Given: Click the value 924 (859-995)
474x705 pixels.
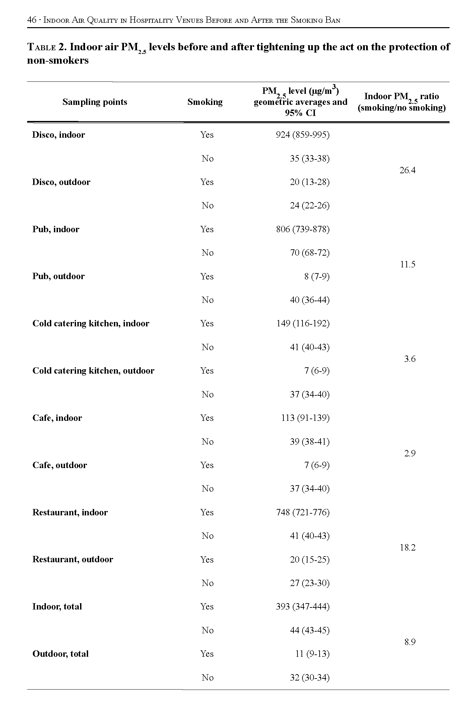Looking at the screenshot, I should tap(302, 135).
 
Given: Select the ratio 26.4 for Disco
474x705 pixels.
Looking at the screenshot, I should tap(407, 171).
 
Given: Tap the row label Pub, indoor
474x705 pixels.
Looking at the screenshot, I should tap(56, 230).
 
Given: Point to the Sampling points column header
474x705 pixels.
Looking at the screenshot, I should tap(95, 102).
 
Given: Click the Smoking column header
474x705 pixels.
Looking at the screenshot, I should tap(205, 102).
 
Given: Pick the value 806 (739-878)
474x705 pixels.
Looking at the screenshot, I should tap(302, 230).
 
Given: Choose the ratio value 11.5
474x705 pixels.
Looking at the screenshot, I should tap(407, 265).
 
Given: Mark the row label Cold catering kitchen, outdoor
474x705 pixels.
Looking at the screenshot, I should tap(93, 371).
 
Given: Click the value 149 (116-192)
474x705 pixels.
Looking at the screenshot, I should tap(302, 324).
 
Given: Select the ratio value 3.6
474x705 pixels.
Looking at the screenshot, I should tap(409, 359).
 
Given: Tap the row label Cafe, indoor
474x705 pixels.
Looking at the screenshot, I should tap(57, 418).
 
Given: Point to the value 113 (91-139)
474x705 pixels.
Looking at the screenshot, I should tap(305, 418).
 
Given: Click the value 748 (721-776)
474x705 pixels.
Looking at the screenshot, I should tap(302, 513).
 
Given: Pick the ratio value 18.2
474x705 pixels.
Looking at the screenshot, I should tap(407, 548).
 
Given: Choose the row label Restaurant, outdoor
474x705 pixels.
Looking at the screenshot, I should tap(73, 560).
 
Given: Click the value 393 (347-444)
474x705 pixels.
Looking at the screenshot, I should tap(302, 607).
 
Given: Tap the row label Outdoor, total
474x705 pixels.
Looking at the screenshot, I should tap(60, 654).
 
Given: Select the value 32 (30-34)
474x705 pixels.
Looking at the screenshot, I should tap(310, 678).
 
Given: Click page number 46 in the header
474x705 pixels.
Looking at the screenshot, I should tap(31, 20).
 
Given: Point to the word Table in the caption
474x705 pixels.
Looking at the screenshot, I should tap(41, 47).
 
